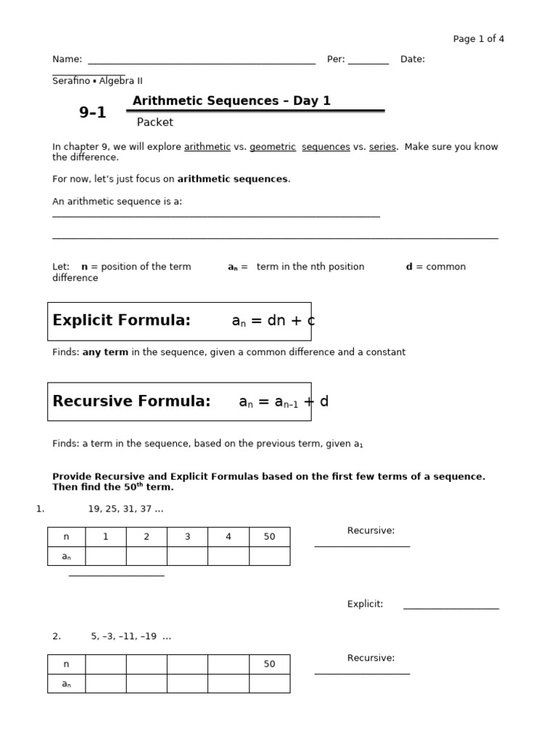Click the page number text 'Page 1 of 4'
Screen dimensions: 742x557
point(478,39)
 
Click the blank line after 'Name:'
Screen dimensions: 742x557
point(201,62)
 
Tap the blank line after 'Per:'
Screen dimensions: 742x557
point(368,62)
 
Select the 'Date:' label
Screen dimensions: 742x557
point(412,59)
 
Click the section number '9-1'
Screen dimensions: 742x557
point(92,112)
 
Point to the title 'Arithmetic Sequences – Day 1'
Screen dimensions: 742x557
point(231,101)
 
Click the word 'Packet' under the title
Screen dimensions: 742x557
point(155,122)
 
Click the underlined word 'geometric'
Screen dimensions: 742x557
point(273,146)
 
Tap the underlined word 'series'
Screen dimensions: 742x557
point(382,146)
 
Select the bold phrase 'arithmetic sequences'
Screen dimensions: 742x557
point(233,179)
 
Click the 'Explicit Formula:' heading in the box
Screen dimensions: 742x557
point(122,320)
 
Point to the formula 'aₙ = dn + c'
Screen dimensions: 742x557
point(273,321)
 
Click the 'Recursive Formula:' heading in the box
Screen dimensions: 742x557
point(131,401)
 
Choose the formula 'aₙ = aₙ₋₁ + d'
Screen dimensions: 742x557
point(284,401)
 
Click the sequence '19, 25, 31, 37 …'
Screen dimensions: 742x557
point(125,509)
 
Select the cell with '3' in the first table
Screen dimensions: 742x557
point(187,537)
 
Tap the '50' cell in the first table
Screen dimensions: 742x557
point(269,537)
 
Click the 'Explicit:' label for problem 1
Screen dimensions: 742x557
point(365,604)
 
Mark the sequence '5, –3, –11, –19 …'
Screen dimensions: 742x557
point(131,636)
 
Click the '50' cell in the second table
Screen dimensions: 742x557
point(269,664)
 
